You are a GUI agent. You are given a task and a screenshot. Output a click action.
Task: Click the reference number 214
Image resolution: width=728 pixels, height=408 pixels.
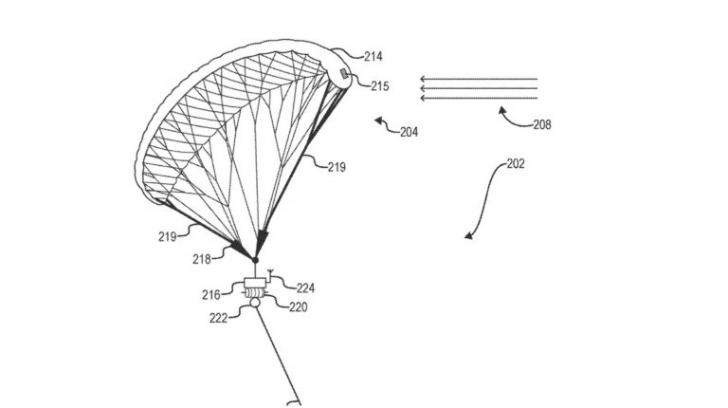[373, 56]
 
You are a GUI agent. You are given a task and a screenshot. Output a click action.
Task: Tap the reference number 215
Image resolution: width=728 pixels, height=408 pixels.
[380, 86]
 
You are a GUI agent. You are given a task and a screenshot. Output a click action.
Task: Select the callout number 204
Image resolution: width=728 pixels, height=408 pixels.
[409, 132]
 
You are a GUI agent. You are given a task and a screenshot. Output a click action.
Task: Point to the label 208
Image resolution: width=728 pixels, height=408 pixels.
[542, 124]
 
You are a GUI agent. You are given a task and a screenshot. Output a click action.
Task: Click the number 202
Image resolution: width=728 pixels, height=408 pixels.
[516, 163]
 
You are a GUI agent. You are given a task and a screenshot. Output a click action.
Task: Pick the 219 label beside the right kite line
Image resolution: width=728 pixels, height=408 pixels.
[337, 167]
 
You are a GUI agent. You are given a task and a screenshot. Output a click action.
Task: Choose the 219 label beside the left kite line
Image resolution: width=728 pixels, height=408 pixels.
[167, 236]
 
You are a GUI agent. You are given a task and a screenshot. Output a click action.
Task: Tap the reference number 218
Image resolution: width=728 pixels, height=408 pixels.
[202, 259]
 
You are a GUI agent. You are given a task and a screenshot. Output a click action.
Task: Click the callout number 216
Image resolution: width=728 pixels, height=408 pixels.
[210, 295]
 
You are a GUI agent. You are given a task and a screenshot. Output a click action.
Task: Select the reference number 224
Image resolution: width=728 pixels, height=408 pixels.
[305, 288]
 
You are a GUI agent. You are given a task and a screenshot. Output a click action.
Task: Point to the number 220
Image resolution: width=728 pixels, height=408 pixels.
[299, 306]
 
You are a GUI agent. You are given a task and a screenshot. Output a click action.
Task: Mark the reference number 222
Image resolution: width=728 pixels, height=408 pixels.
[218, 318]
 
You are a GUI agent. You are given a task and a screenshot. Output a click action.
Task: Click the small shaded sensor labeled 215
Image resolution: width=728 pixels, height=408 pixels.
[344, 73]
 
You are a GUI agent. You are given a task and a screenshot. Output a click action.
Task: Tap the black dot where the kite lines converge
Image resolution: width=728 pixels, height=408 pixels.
[255, 260]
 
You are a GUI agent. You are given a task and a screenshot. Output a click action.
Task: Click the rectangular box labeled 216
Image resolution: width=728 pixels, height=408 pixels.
[254, 283]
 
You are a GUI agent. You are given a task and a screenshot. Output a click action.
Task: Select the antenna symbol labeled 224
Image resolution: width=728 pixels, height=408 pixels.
[271, 274]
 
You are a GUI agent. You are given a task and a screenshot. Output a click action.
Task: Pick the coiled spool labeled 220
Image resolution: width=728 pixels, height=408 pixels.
[255, 293]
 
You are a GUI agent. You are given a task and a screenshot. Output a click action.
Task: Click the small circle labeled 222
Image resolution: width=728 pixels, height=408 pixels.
[255, 303]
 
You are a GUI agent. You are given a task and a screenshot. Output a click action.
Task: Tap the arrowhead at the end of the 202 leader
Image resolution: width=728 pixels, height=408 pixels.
[469, 236]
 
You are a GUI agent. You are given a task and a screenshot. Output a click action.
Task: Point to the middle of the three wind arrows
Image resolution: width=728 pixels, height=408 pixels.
[479, 88]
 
